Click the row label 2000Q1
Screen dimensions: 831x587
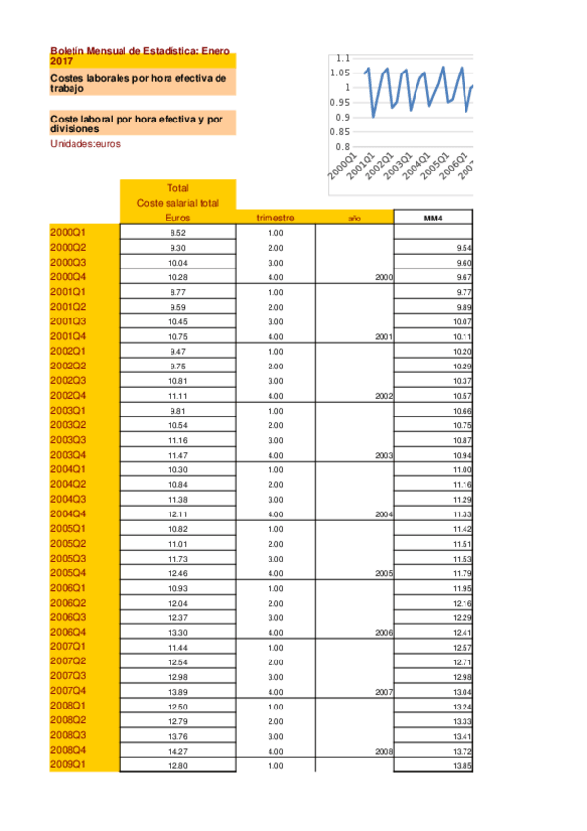(x=69, y=232)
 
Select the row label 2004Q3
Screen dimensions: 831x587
(x=69, y=499)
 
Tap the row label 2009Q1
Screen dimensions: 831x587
(x=69, y=764)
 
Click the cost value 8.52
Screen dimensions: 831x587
(x=177, y=233)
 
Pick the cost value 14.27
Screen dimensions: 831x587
(x=177, y=751)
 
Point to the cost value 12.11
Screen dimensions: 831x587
(x=177, y=514)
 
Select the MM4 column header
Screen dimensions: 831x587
(x=434, y=218)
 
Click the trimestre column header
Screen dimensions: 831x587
(x=275, y=218)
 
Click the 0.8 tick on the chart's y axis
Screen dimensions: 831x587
(x=343, y=147)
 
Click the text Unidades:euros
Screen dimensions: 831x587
(x=85, y=143)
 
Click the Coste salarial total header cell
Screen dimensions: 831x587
(x=177, y=203)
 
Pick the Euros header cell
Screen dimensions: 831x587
(x=177, y=218)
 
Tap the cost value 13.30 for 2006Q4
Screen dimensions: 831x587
(x=177, y=633)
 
